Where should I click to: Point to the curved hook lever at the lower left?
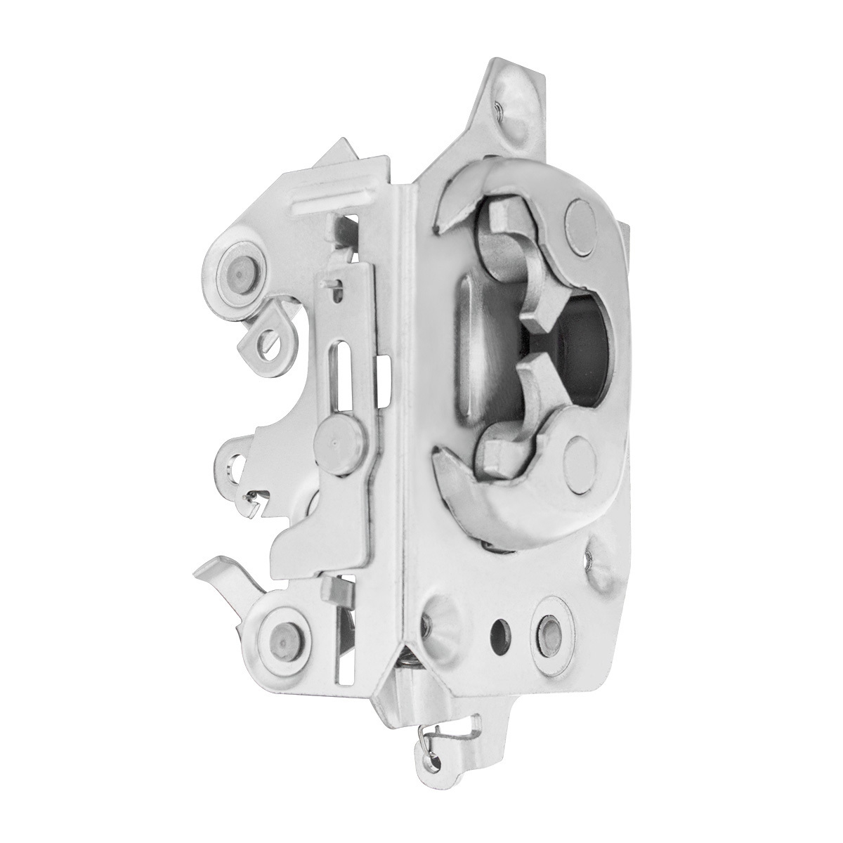tap(225, 575)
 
